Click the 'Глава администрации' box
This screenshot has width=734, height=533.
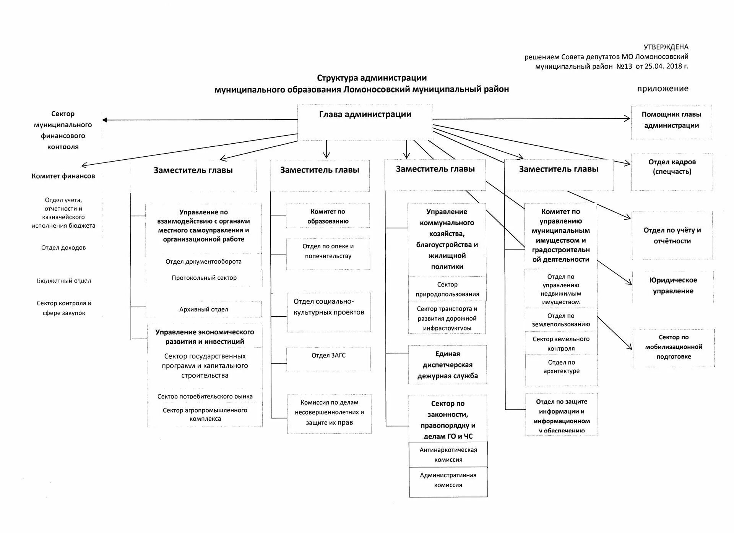click(x=365, y=122)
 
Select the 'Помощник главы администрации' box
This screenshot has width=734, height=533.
click(x=671, y=122)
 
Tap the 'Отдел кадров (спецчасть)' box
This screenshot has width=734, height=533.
click(x=672, y=171)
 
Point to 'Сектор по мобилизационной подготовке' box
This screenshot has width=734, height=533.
click(x=674, y=347)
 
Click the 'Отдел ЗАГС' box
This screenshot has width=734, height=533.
click(x=328, y=358)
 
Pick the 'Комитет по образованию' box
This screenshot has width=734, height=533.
click(x=328, y=216)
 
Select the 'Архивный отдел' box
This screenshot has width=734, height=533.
click(x=204, y=309)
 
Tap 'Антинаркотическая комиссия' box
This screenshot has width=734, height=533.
click(x=448, y=454)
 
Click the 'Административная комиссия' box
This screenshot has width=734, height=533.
click(x=448, y=480)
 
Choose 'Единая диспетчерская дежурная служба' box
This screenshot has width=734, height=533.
click(x=447, y=365)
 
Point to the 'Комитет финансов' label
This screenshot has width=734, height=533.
click(x=63, y=176)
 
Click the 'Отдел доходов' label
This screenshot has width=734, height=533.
click(x=63, y=248)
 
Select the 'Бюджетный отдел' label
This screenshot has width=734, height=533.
click(x=64, y=281)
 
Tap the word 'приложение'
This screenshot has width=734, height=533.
click(x=663, y=89)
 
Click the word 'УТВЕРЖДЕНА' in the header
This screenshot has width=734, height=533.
click(x=666, y=47)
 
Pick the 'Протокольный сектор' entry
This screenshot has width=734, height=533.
click(x=204, y=278)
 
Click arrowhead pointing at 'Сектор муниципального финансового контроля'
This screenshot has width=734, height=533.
click(x=105, y=120)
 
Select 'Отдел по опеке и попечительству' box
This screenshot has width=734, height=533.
click(x=328, y=251)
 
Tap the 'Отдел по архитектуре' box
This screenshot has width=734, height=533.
click(x=561, y=367)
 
